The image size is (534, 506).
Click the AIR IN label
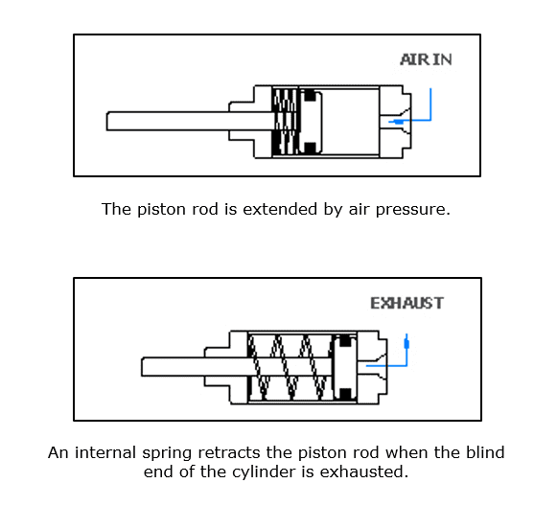(x=426, y=59)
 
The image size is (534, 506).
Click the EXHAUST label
(x=406, y=303)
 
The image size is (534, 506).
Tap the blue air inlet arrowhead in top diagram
(x=396, y=121)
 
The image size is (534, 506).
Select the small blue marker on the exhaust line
(x=406, y=344)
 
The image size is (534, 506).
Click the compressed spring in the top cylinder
(x=286, y=122)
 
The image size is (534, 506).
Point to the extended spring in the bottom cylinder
(x=290, y=367)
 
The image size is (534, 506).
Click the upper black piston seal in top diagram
(x=310, y=95)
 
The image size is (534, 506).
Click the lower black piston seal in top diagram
(x=310, y=149)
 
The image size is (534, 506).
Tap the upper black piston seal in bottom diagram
(x=345, y=341)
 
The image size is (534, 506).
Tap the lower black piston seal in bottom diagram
(x=345, y=394)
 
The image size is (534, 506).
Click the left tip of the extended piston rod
(x=107, y=121)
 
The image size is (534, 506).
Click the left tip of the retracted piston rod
(x=142, y=367)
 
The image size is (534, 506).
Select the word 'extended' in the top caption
(x=280, y=209)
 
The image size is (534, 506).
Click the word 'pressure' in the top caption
(x=413, y=210)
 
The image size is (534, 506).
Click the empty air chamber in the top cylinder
(x=351, y=122)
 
